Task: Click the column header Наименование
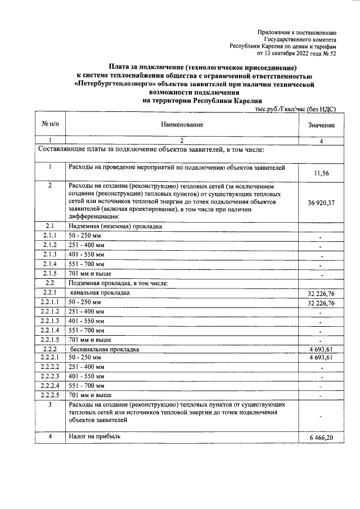[x=181, y=124]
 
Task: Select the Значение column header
[x=321, y=124]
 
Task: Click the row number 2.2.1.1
[x=49, y=303]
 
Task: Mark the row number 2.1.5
[x=49, y=273]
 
